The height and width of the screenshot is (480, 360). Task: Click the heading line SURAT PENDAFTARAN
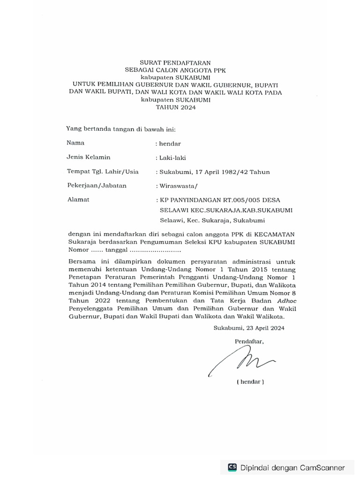tap(176, 62)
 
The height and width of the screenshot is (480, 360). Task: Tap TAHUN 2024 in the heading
tap(176, 107)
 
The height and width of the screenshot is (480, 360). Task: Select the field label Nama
tap(75, 142)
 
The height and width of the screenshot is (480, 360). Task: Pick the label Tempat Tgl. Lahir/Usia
tap(103, 172)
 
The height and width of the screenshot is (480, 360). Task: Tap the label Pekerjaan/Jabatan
tap(97, 186)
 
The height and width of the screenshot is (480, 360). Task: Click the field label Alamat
tap(78, 200)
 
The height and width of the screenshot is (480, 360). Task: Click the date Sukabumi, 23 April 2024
tap(248, 328)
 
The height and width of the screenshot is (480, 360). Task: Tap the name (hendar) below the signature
tap(250, 382)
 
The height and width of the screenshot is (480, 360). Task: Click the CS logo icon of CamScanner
tap(232, 467)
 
